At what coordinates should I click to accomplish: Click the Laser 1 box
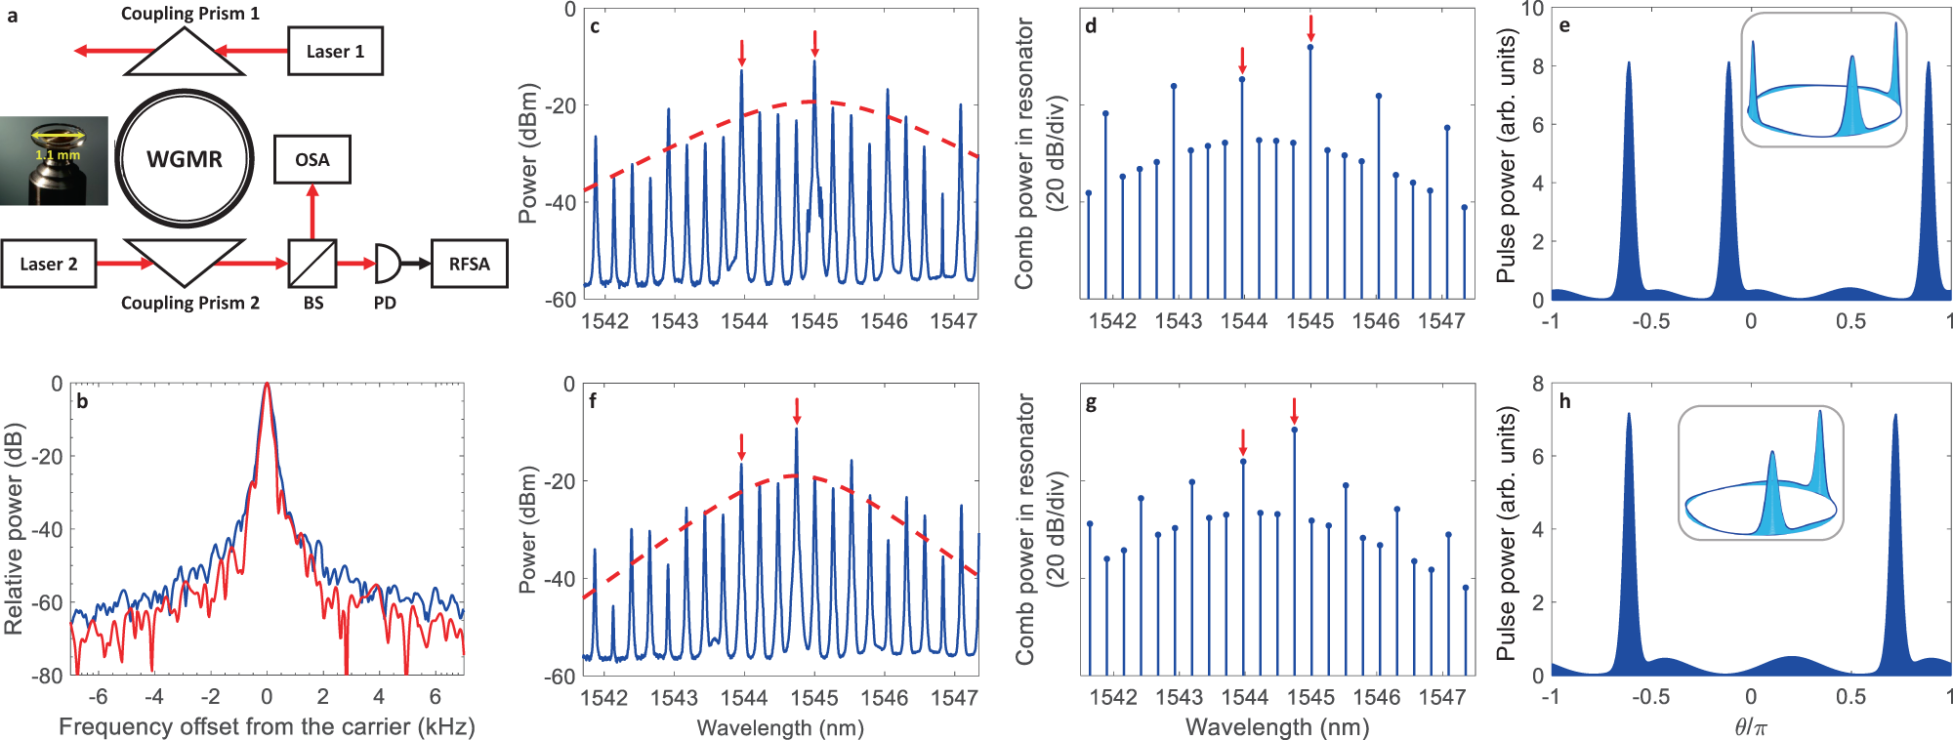335,52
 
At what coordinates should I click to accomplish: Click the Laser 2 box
49,264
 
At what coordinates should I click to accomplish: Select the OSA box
312,159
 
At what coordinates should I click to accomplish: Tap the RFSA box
469,264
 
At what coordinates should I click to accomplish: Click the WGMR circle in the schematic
185,159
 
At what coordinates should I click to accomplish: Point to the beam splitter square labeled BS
312,264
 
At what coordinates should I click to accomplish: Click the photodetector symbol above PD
387,264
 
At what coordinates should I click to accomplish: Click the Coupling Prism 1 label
190,14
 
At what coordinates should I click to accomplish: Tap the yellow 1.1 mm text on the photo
58,155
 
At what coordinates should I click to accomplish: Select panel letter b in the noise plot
83,401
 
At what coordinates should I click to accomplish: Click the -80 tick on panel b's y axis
47,676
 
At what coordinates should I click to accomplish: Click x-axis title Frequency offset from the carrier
267,726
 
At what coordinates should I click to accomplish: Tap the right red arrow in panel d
1310,28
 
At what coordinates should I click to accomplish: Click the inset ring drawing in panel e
1824,81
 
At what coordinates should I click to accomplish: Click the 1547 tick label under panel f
954,697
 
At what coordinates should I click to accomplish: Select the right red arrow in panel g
1294,409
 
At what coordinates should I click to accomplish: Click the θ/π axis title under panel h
1751,726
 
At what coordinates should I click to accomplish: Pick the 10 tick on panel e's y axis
1532,10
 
